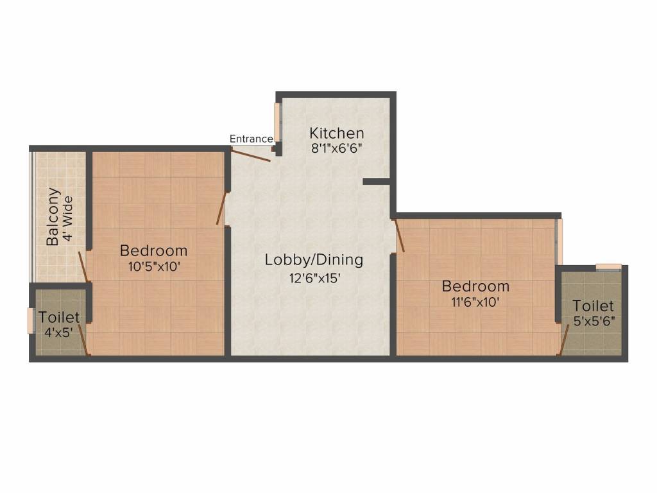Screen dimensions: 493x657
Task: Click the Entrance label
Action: click(251, 139)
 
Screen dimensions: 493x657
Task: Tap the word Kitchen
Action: click(337, 134)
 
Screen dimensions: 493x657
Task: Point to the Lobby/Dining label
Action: click(314, 260)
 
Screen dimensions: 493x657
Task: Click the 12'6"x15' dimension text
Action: click(314, 278)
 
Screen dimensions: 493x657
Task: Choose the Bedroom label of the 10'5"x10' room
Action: click(154, 250)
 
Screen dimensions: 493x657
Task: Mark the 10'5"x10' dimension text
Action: click(154, 266)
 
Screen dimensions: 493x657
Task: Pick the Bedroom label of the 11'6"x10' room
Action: click(475, 286)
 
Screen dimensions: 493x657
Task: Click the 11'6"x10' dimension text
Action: click(475, 301)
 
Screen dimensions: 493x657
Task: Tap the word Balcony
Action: click(54, 216)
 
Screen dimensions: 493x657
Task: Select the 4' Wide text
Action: click(69, 218)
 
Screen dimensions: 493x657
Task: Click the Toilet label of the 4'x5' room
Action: click(59, 317)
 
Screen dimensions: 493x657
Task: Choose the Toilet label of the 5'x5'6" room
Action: click(593, 306)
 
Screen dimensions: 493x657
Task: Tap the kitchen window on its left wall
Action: click(277, 121)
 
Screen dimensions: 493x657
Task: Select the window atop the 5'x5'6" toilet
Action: click(608, 266)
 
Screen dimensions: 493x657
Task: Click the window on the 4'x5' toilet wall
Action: click(30, 321)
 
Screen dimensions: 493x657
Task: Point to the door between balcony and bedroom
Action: click(83, 266)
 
